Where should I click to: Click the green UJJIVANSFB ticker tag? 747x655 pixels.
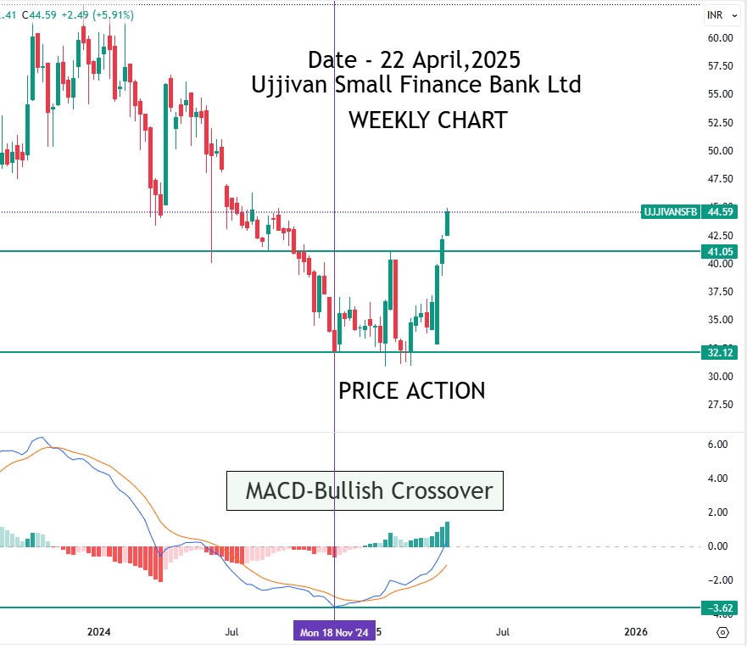click(670, 212)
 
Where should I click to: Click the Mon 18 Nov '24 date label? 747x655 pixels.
click(332, 632)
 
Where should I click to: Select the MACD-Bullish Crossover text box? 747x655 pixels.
click(365, 490)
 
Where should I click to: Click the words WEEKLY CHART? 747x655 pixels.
click(427, 120)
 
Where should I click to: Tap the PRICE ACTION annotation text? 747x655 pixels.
click(411, 390)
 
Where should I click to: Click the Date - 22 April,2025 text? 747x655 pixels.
click(414, 60)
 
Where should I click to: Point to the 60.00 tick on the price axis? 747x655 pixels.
click(720, 37)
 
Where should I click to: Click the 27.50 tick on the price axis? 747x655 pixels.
click(720, 404)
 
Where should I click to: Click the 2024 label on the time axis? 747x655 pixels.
click(99, 632)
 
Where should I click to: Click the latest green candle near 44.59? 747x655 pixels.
click(447, 222)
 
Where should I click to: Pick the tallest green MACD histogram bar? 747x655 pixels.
click(447, 534)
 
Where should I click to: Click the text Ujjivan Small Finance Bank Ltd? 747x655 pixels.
click(415, 85)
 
